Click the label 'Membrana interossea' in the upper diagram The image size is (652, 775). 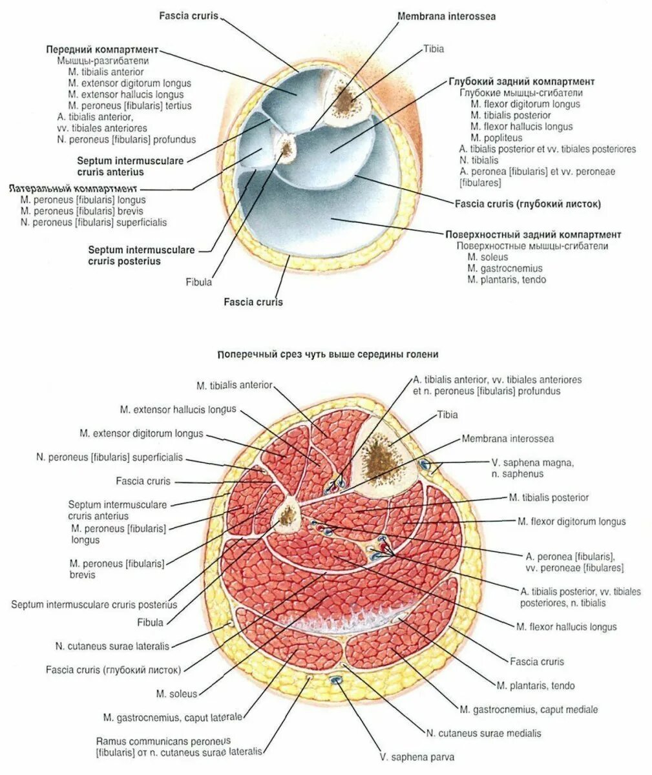[447, 16]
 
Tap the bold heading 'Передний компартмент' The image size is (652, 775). [102, 50]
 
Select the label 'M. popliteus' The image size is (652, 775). [496, 138]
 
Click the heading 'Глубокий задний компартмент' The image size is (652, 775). [521, 82]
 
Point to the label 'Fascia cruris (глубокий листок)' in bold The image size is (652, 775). [527, 204]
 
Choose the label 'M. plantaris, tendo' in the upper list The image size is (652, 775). [507, 280]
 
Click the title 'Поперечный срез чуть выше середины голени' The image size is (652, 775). [328, 355]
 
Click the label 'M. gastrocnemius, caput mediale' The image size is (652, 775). [529, 709]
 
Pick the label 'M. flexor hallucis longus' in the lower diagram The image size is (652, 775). [566, 626]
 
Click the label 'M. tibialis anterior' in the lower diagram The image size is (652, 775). [235, 386]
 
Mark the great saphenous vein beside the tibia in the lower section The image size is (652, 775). [425, 464]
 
